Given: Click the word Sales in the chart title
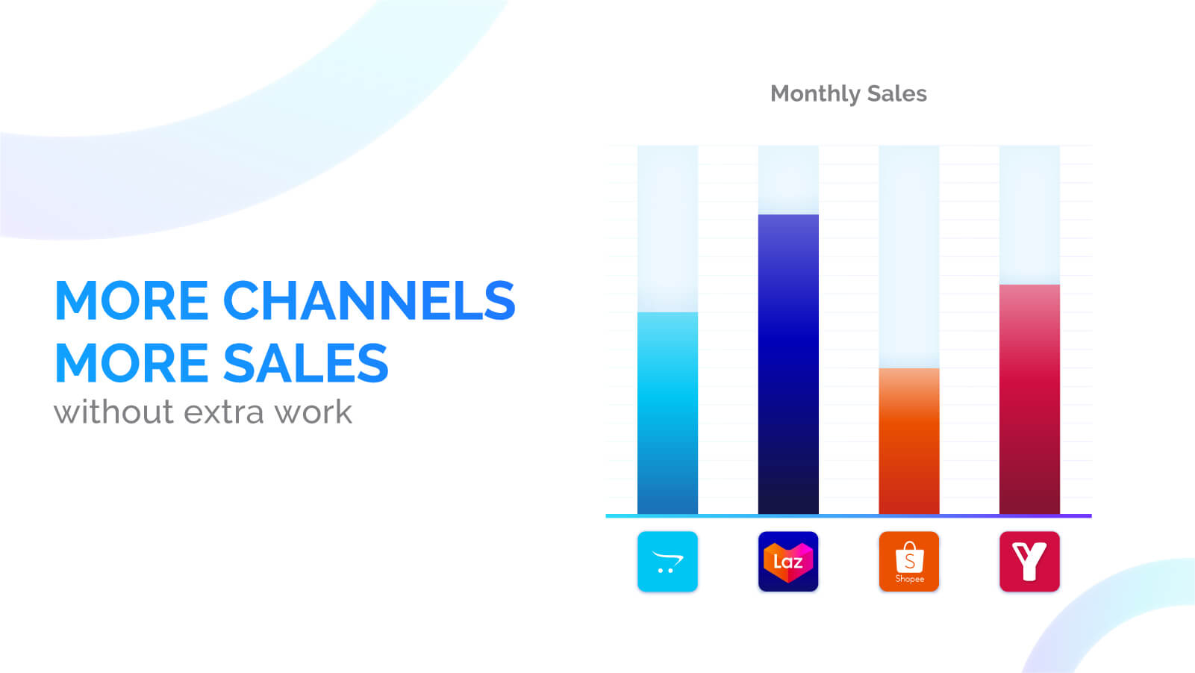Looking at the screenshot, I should point(896,93).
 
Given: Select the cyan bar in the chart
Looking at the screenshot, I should point(667,413).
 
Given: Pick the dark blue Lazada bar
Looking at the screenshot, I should point(788,365).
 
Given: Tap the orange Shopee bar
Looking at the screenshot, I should point(908,441).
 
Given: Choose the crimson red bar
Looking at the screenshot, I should point(1029,400).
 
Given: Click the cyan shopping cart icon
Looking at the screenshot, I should point(667,562).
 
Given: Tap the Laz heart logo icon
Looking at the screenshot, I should point(788,562).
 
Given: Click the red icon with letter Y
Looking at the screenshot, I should point(1029,562).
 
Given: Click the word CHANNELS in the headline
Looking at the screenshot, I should point(369,301).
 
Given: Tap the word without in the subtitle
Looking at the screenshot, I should point(113,412).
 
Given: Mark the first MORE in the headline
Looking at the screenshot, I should point(131,301).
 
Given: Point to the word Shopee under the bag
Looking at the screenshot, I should point(909,579).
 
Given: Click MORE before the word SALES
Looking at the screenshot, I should point(131,364).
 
